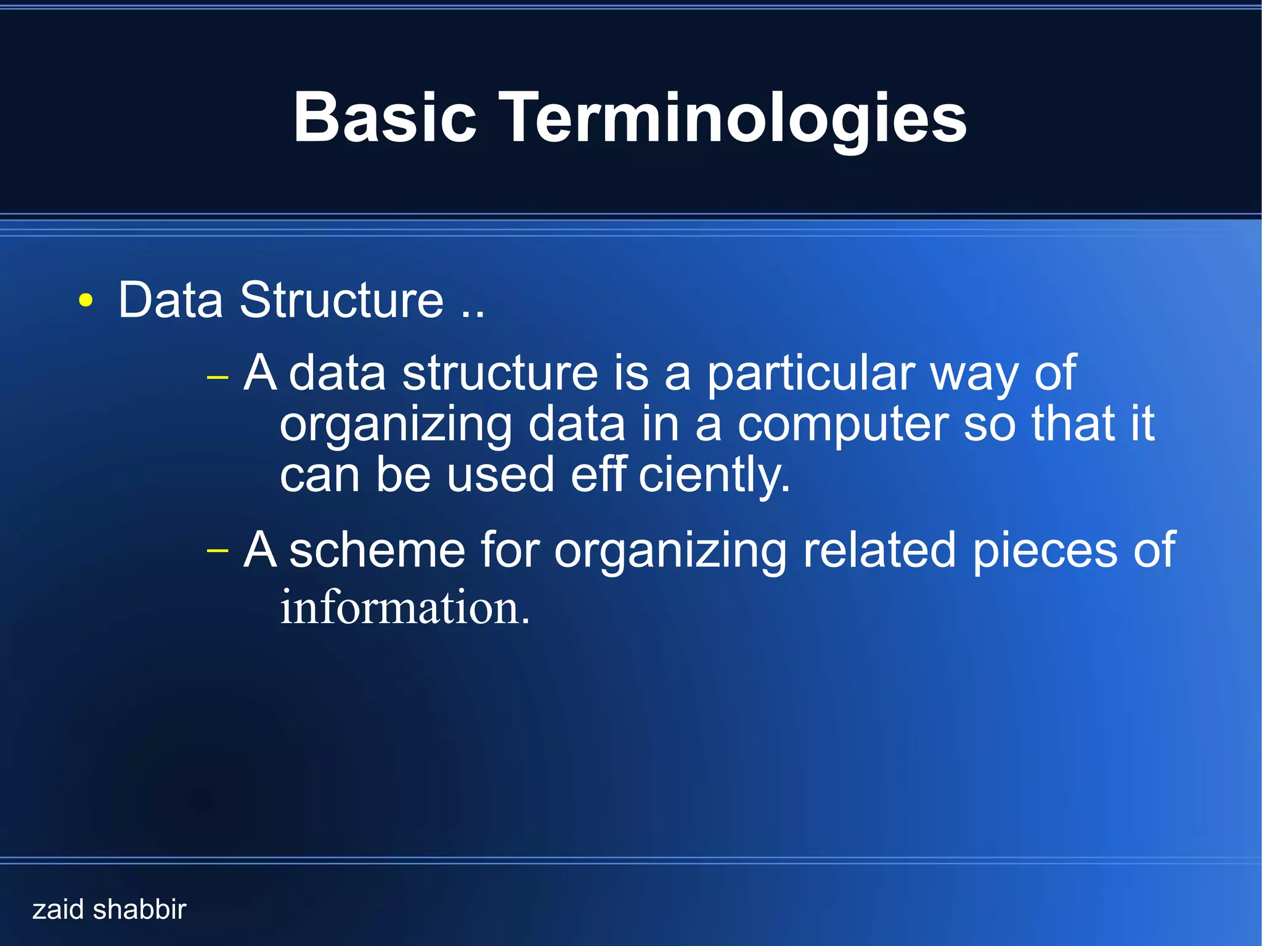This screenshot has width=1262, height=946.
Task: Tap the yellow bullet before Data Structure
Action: click(86, 301)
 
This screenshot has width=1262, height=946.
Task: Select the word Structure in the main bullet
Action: click(341, 300)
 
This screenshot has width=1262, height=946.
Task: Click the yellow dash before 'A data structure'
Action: click(218, 377)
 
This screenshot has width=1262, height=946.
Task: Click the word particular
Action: click(810, 375)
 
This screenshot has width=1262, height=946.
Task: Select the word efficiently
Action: click(680, 476)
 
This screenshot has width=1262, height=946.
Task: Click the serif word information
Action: click(404, 608)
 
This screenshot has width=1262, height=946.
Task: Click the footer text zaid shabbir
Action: click(109, 910)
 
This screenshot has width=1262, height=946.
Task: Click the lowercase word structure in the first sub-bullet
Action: click(500, 373)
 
